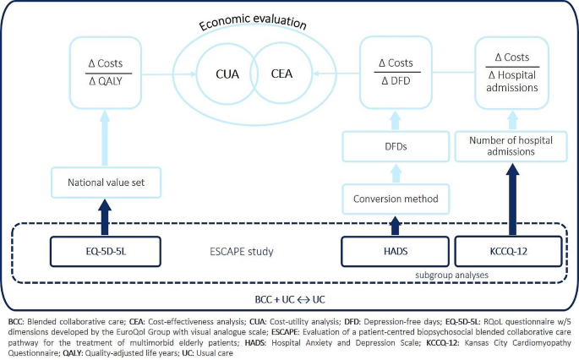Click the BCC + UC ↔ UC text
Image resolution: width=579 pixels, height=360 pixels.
coord(289,298)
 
